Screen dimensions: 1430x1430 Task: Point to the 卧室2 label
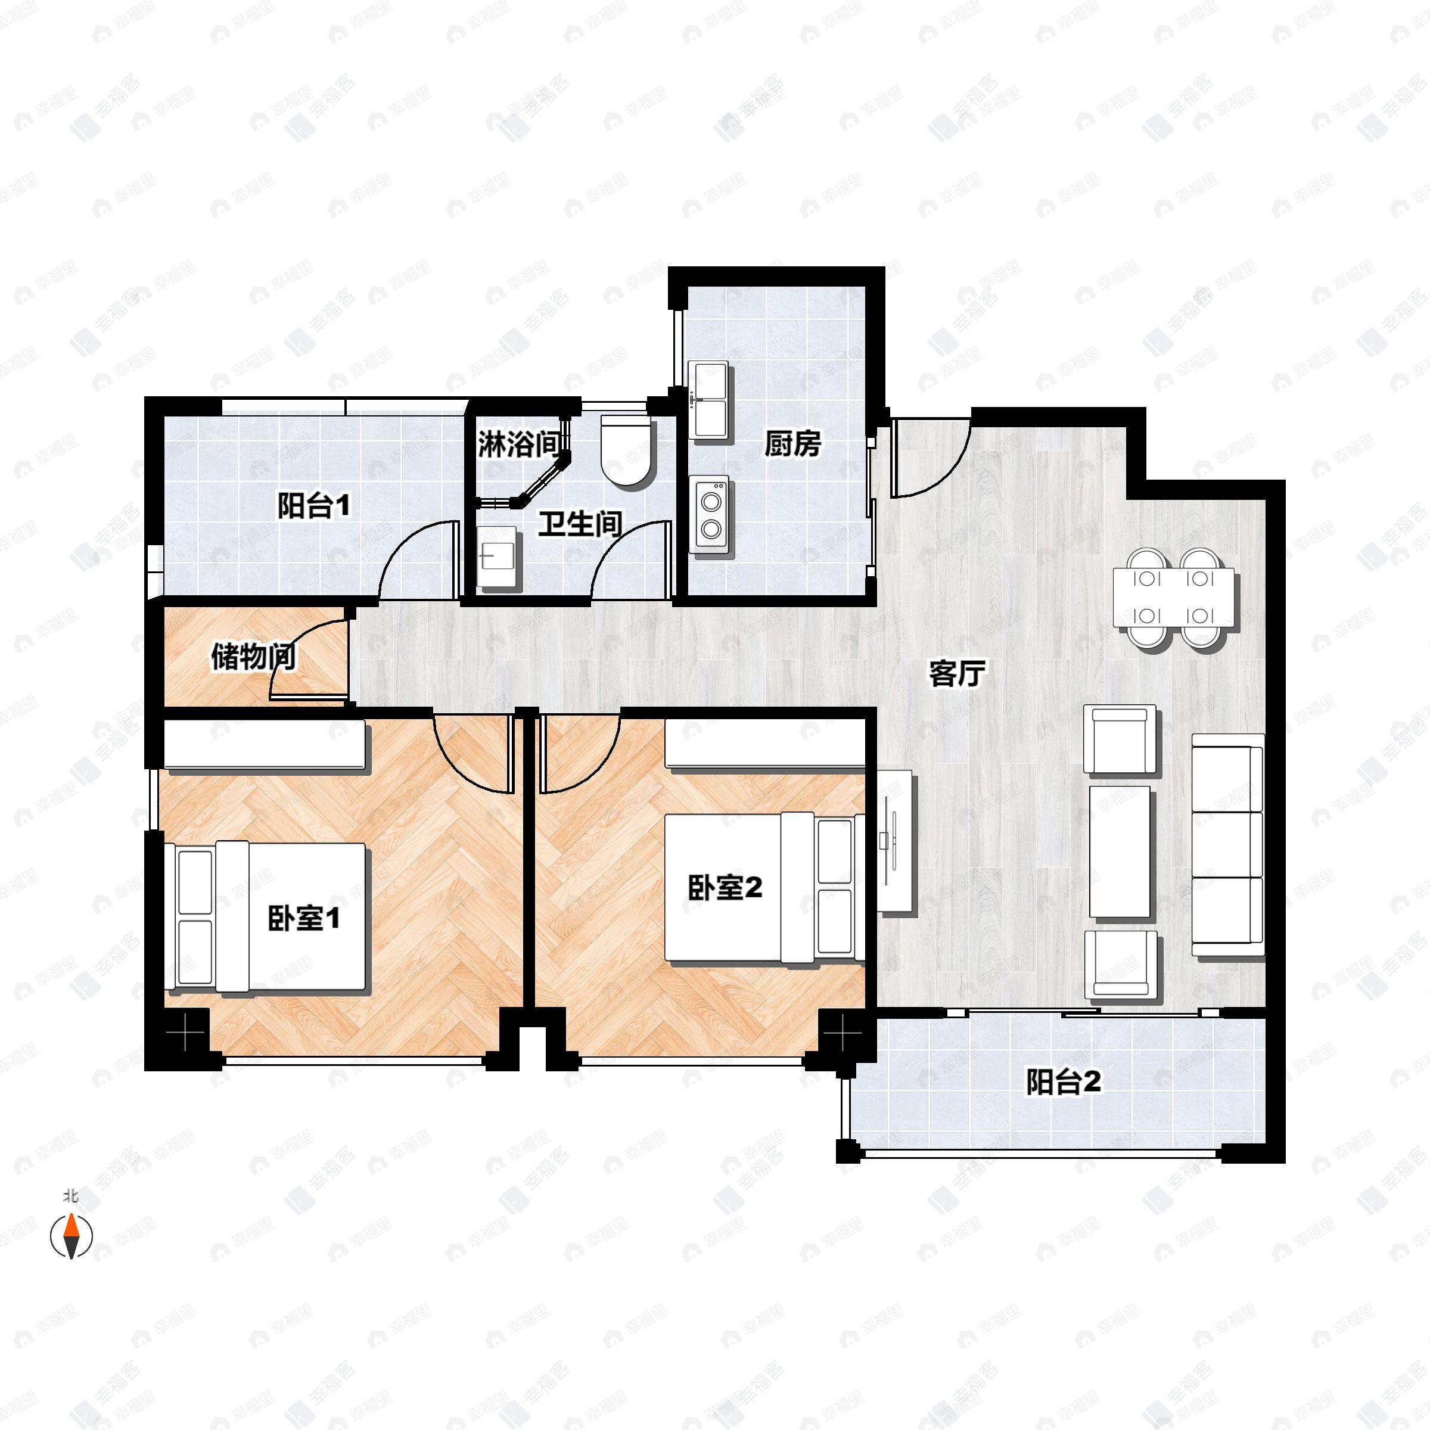[725, 887]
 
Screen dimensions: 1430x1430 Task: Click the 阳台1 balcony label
[314, 506]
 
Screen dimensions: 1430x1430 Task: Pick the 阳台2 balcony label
[1063, 1082]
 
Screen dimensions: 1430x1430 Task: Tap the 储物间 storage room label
[254, 657]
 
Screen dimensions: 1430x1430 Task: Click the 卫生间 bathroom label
[580, 525]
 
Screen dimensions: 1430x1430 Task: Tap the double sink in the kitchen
[709, 400]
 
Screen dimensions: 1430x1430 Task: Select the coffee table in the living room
[1121, 853]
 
